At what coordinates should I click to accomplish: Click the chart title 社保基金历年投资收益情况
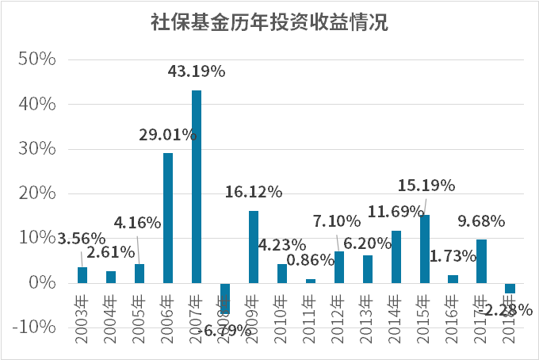[x=269, y=21]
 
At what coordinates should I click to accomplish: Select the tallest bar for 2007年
[x=197, y=186]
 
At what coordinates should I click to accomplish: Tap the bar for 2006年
[x=168, y=218]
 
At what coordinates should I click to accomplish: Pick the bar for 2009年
[x=254, y=247]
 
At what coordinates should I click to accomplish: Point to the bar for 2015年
[x=425, y=249]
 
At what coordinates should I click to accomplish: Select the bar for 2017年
[x=481, y=261]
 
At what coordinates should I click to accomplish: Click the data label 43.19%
[x=197, y=71]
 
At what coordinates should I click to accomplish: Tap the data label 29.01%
[x=168, y=135]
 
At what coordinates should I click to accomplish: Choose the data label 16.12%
[x=254, y=192]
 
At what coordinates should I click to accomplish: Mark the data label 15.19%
[x=426, y=186]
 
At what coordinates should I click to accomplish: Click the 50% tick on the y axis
[x=36, y=60]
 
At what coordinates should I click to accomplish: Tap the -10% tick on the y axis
[x=34, y=327]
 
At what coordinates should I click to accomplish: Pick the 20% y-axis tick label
[x=36, y=193]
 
